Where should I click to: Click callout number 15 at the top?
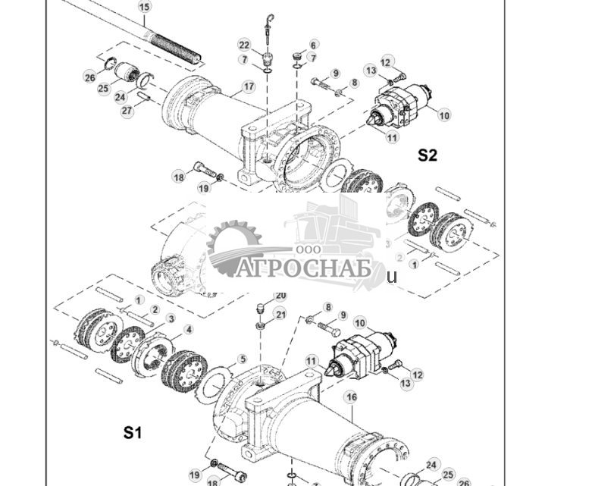pyautogui.click(x=145, y=7)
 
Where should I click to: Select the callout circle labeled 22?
pyautogui.click(x=244, y=45)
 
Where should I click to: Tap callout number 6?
pyautogui.click(x=313, y=45)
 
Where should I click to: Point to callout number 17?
pyautogui.click(x=249, y=88)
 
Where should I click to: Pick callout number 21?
pyautogui.click(x=280, y=315)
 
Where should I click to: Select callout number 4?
pyautogui.click(x=189, y=330)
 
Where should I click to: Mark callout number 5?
pyautogui.click(x=243, y=359)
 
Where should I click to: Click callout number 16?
pyautogui.click(x=350, y=397)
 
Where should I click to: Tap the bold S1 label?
pyautogui.click(x=133, y=433)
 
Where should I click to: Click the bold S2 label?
pyautogui.click(x=428, y=155)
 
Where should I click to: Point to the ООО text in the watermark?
pyautogui.click(x=309, y=249)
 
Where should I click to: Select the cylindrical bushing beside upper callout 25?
pyautogui.click(x=124, y=73)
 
